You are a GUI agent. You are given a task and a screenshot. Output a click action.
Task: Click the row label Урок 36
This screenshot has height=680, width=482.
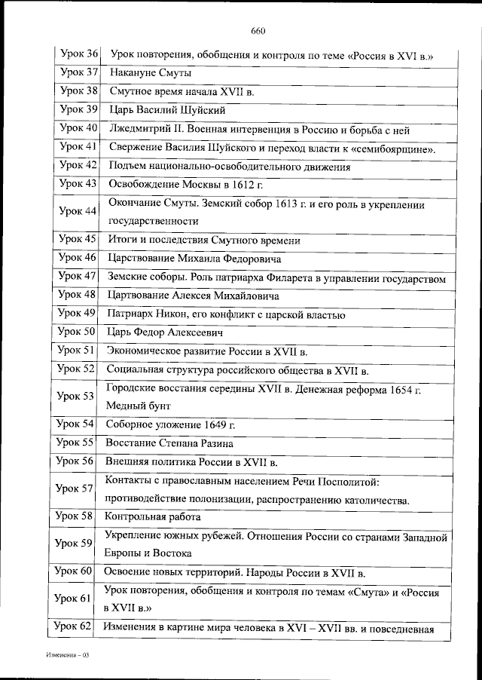(x=78, y=54)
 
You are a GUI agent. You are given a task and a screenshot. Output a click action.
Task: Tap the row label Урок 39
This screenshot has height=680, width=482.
(x=78, y=109)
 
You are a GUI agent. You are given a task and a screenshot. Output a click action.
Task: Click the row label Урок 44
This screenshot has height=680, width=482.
(x=78, y=212)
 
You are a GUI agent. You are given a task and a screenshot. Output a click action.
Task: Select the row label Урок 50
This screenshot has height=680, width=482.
(x=78, y=332)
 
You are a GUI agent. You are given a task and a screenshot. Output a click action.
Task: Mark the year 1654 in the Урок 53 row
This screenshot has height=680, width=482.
(x=402, y=388)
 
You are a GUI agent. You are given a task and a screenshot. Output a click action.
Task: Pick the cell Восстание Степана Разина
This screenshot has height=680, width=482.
(x=169, y=443)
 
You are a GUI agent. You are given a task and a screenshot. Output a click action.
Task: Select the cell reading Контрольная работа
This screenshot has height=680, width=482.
(x=153, y=517)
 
